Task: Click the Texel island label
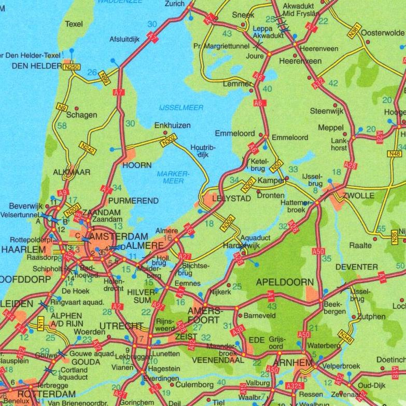(x=74, y=24)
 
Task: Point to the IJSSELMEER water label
(x=181, y=107)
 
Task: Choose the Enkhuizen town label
(x=173, y=125)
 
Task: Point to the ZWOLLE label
(x=355, y=195)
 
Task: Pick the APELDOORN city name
(x=285, y=283)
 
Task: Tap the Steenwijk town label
(x=327, y=111)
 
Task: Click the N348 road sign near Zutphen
(x=346, y=337)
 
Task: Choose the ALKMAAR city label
(x=72, y=172)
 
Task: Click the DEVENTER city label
(x=356, y=267)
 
